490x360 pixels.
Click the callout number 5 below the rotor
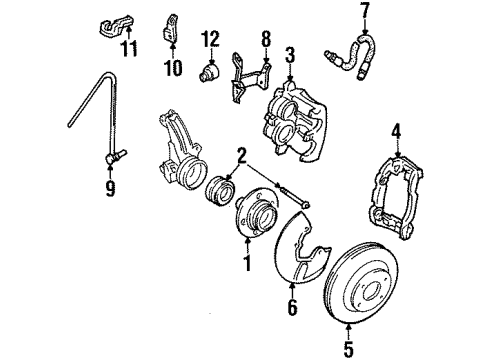click(348, 349)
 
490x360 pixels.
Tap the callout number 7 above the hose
click(365, 11)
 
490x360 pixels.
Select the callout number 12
click(210, 39)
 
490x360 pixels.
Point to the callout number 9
click(110, 188)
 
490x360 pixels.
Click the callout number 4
click(396, 132)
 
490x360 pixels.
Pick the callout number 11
click(129, 48)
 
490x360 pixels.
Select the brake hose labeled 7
click(350, 57)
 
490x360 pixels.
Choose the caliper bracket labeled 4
click(397, 198)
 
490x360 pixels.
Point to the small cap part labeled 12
click(209, 72)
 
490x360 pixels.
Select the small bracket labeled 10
click(170, 29)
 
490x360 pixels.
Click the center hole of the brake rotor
click(371, 292)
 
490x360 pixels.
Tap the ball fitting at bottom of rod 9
click(115, 156)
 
